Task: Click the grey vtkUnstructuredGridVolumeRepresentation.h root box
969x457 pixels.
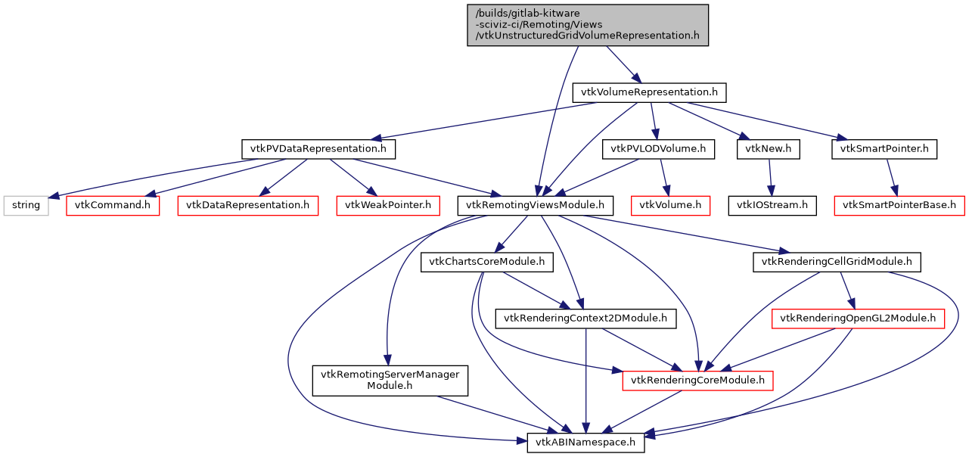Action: pos(587,25)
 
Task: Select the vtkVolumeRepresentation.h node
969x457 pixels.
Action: pos(649,92)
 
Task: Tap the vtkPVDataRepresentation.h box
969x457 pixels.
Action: pos(318,149)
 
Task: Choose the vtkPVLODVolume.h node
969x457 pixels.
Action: pos(658,149)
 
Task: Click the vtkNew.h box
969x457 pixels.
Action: pos(769,149)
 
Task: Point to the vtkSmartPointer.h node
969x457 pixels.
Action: pos(884,149)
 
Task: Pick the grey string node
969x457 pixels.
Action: pos(26,204)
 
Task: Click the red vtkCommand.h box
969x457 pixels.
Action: pos(113,204)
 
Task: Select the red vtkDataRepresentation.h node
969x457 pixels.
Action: pos(247,204)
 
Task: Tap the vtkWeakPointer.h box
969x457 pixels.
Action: pos(387,204)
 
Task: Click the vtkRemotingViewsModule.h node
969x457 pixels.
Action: pos(536,204)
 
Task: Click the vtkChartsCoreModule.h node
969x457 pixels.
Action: pos(487,262)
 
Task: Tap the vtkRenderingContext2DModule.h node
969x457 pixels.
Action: pos(585,319)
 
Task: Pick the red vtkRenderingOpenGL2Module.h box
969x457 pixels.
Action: pos(858,319)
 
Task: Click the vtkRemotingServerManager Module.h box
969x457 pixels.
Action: pos(390,380)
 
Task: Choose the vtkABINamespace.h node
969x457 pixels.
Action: pos(585,441)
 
